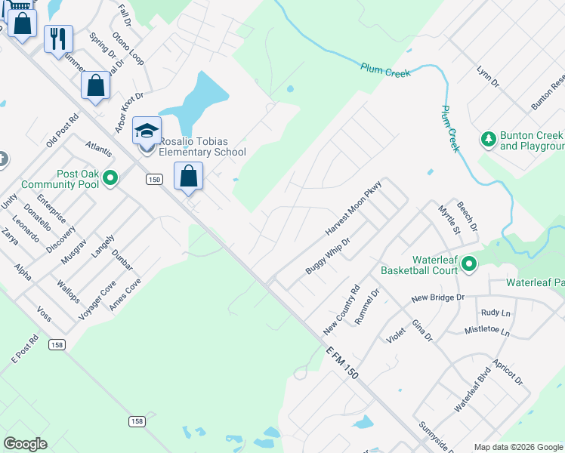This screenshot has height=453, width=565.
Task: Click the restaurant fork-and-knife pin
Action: point(58,38)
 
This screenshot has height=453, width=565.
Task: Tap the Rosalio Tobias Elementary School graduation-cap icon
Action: point(147,131)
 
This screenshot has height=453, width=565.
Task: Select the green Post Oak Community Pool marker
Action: point(111,179)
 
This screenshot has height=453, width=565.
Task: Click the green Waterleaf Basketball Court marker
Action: point(469,263)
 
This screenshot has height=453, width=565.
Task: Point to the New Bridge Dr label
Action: point(437,298)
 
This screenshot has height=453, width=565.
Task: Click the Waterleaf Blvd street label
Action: point(473,390)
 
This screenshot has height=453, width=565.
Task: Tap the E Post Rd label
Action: point(24,350)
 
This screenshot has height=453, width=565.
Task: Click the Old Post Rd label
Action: point(62,131)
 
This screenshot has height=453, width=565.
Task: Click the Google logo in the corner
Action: point(25,444)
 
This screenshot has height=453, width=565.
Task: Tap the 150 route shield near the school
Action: point(154,179)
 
